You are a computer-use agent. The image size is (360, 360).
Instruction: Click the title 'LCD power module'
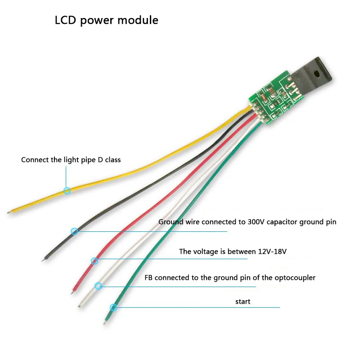(106, 20)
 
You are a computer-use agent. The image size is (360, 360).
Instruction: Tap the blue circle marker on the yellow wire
(67, 190)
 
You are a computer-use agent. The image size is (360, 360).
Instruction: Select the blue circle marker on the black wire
(75, 231)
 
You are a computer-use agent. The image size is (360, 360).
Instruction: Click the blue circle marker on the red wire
(94, 261)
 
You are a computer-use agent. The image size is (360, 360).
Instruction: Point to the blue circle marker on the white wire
(99, 285)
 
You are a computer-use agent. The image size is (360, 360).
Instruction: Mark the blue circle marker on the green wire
(113, 308)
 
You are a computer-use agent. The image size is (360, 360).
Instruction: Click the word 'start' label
(243, 301)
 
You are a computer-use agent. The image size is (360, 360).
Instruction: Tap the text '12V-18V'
(271, 252)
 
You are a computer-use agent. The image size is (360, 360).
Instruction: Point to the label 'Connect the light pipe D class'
(71, 160)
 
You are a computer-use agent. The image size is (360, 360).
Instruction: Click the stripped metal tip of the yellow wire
(10, 211)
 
